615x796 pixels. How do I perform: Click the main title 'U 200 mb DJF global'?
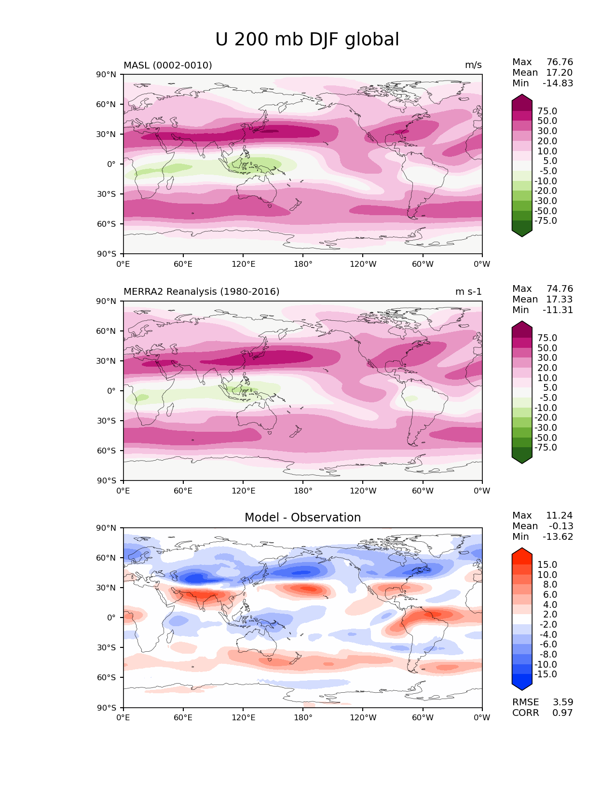(307, 40)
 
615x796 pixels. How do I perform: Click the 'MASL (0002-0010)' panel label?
(168, 65)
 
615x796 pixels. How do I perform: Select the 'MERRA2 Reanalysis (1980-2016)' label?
(202, 292)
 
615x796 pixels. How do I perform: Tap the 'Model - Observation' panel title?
(302, 518)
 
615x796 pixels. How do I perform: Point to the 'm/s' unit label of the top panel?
(473, 65)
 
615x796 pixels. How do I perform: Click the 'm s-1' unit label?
(468, 292)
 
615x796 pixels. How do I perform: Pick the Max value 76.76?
(560, 62)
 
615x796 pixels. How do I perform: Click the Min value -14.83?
(558, 83)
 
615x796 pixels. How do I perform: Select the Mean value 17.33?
(560, 300)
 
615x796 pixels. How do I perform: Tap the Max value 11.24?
(560, 516)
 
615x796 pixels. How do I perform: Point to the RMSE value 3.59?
(563, 702)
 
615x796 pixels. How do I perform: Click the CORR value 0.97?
(563, 713)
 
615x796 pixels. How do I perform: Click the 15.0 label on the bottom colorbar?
(547, 565)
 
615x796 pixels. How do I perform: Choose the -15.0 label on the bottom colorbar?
(546, 674)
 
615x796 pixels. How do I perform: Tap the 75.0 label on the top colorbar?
(547, 111)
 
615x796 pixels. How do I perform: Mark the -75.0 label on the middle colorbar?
(546, 448)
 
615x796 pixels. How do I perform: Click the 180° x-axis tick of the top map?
(303, 264)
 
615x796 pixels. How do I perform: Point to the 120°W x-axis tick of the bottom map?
(363, 718)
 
